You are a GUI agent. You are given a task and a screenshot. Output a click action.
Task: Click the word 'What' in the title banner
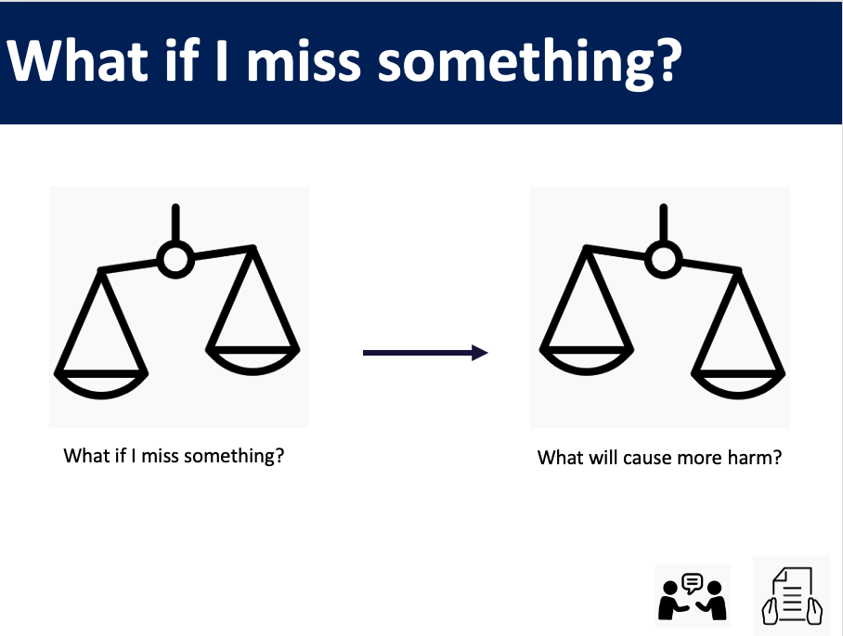[x=77, y=59]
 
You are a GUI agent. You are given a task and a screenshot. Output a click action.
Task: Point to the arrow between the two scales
[x=425, y=353]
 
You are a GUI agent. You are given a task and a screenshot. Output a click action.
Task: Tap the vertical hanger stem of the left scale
[x=175, y=223]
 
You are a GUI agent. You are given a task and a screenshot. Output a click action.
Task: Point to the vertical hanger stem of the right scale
[x=664, y=223]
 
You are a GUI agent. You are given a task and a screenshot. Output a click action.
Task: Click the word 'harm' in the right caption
[x=754, y=458]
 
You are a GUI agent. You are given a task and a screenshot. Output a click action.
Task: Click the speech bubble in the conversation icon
[x=692, y=583]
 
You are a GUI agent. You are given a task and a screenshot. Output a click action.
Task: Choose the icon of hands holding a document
[x=792, y=596]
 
